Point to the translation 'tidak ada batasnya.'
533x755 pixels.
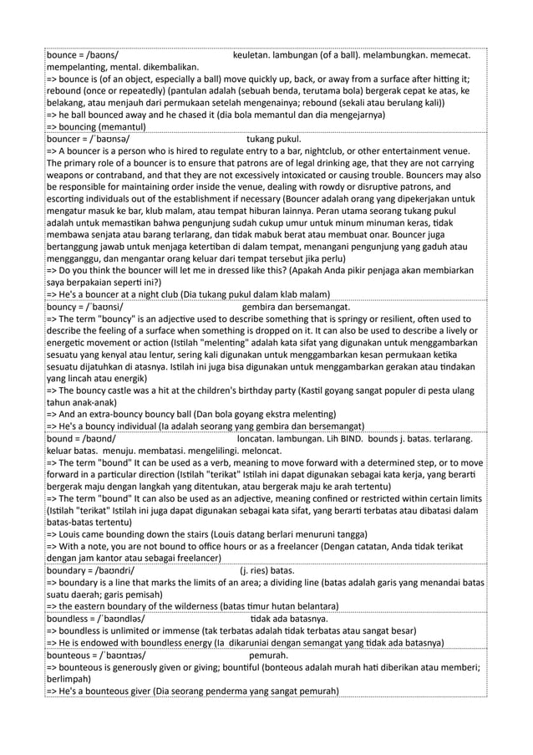[x=289, y=619]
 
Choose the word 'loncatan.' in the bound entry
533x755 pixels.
[x=261, y=439]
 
